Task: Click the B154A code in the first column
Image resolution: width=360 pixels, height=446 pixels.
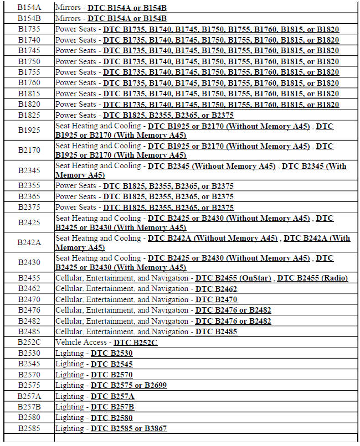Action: [x=29, y=8]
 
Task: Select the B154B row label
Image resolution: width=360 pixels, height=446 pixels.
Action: [x=29, y=18]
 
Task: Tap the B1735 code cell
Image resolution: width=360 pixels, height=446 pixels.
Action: [x=29, y=29]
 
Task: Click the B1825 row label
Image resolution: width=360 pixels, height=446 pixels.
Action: [x=29, y=116]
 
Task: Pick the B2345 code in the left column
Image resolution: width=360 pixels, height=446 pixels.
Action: [x=29, y=170]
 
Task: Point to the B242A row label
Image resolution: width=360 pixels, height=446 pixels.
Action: [x=29, y=242]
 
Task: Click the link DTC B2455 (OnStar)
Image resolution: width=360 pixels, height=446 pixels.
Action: [x=233, y=278]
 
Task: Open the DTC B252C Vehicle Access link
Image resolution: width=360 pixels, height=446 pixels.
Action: [x=136, y=343]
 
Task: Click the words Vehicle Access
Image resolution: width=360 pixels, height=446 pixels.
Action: [x=81, y=343]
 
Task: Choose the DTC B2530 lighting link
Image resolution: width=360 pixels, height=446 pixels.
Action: [x=112, y=354]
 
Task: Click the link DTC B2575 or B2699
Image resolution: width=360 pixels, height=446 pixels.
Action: [x=129, y=386]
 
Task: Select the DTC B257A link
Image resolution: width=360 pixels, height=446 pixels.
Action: [x=112, y=397]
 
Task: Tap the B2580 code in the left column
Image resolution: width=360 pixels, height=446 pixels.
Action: [x=29, y=418]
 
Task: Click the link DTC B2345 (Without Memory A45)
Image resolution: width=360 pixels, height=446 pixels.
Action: [x=212, y=166]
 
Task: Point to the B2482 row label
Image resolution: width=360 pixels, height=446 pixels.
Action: [x=29, y=321]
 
